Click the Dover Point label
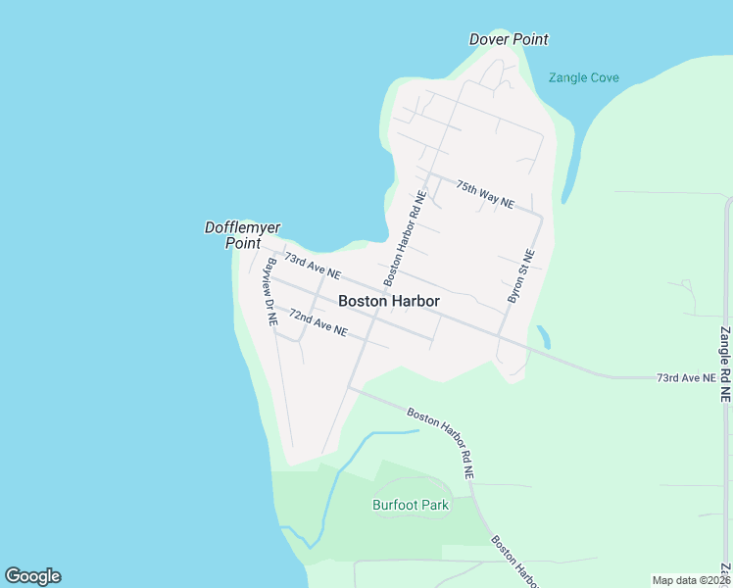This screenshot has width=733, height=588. pyautogui.click(x=509, y=39)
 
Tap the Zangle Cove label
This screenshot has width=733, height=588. pyautogui.click(x=583, y=77)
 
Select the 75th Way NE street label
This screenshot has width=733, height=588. pyautogui.click(x=484, y=193)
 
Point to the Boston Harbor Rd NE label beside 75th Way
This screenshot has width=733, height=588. pyautogui.click(x=408, y=237)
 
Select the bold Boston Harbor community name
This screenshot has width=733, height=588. pyautogui.click(x=388, y=302)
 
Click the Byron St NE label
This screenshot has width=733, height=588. pyautogui.click(x=520, y=275)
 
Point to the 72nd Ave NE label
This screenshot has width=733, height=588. pyautogui.click(x=318, y=322)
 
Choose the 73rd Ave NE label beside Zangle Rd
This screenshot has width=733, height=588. pyautogui.click(x=685, y=377)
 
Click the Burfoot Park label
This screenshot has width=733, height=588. pyautogui.click(x=410, y=506)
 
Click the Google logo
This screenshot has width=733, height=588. pyautogui.click(x=32, y=576)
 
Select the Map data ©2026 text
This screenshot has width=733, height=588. pyautogui.click(x=691, y=580)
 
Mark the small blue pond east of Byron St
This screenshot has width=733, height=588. pyautogui.click(x=544, y=337)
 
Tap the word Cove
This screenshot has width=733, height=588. pyautogui.click(x=603, y=77)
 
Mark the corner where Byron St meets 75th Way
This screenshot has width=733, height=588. pyautogui.click(x=541, y=213)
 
